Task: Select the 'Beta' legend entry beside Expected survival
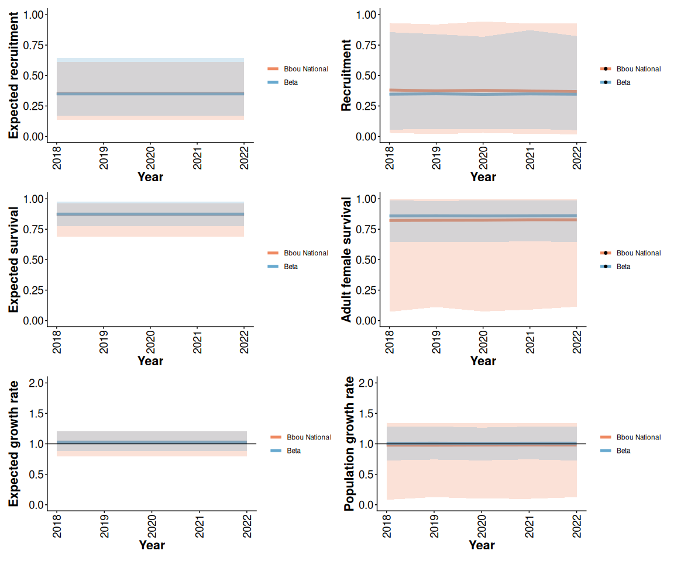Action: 291,266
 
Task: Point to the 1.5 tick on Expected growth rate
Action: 35,414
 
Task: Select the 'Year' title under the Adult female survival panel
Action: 483,361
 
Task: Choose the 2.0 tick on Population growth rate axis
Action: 367,383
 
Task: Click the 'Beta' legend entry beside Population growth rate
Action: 623,451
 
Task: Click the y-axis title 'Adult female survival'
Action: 346,259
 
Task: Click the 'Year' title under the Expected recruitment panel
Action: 150,176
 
